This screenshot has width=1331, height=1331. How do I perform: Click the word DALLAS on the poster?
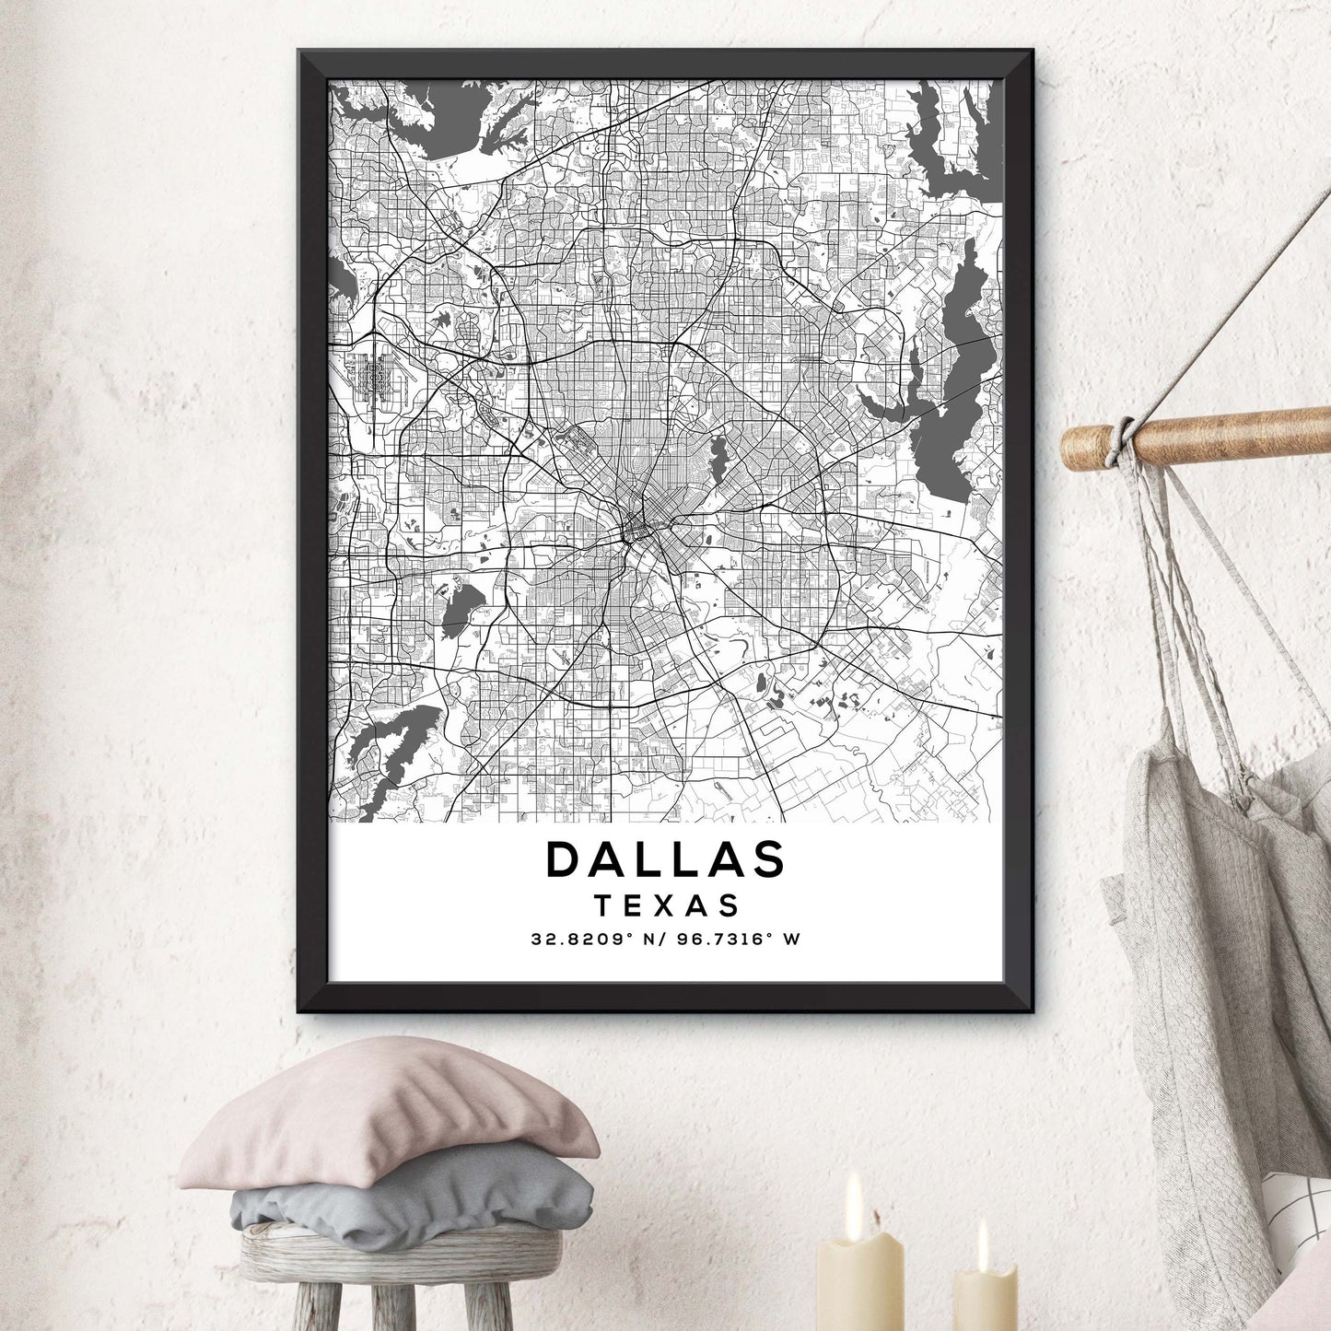pos(665,858)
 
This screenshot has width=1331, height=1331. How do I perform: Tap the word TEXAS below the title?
pos(667,905)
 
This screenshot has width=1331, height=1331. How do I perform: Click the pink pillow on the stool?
pos(387,1110)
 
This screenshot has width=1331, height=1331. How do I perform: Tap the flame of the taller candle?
pos(854,1195)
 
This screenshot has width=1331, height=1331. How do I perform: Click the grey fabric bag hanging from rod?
pos(1216,921)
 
